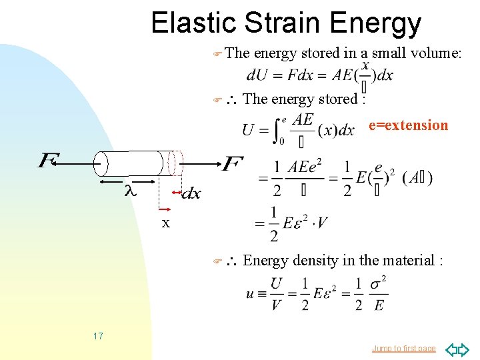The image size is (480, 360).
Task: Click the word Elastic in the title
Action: click(194, 23)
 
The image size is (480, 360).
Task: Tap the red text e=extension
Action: click(408, 125)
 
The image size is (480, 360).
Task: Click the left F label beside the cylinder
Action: click(49, 161)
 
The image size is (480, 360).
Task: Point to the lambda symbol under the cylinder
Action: click(131, 191)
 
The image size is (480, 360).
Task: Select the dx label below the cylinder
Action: click(191, 193)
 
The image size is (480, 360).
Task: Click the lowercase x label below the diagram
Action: click(166, 223)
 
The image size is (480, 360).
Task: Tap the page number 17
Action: click(98, 336)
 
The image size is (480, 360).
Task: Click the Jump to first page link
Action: click(404, 348)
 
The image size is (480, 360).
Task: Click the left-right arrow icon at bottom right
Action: click(457, 349)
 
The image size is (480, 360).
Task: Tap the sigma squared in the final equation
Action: click(377, 285)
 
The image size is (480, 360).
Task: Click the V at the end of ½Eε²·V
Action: click(321, 223)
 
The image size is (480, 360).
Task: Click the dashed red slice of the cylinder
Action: click(175, 163)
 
